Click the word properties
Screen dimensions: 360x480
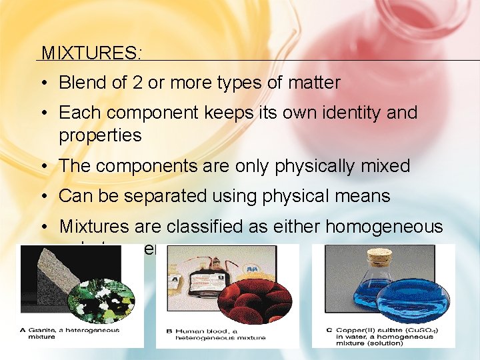tap(100, 135)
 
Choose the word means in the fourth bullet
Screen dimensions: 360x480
tap(363, 196)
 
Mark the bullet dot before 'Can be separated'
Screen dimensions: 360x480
tap(42, 196)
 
